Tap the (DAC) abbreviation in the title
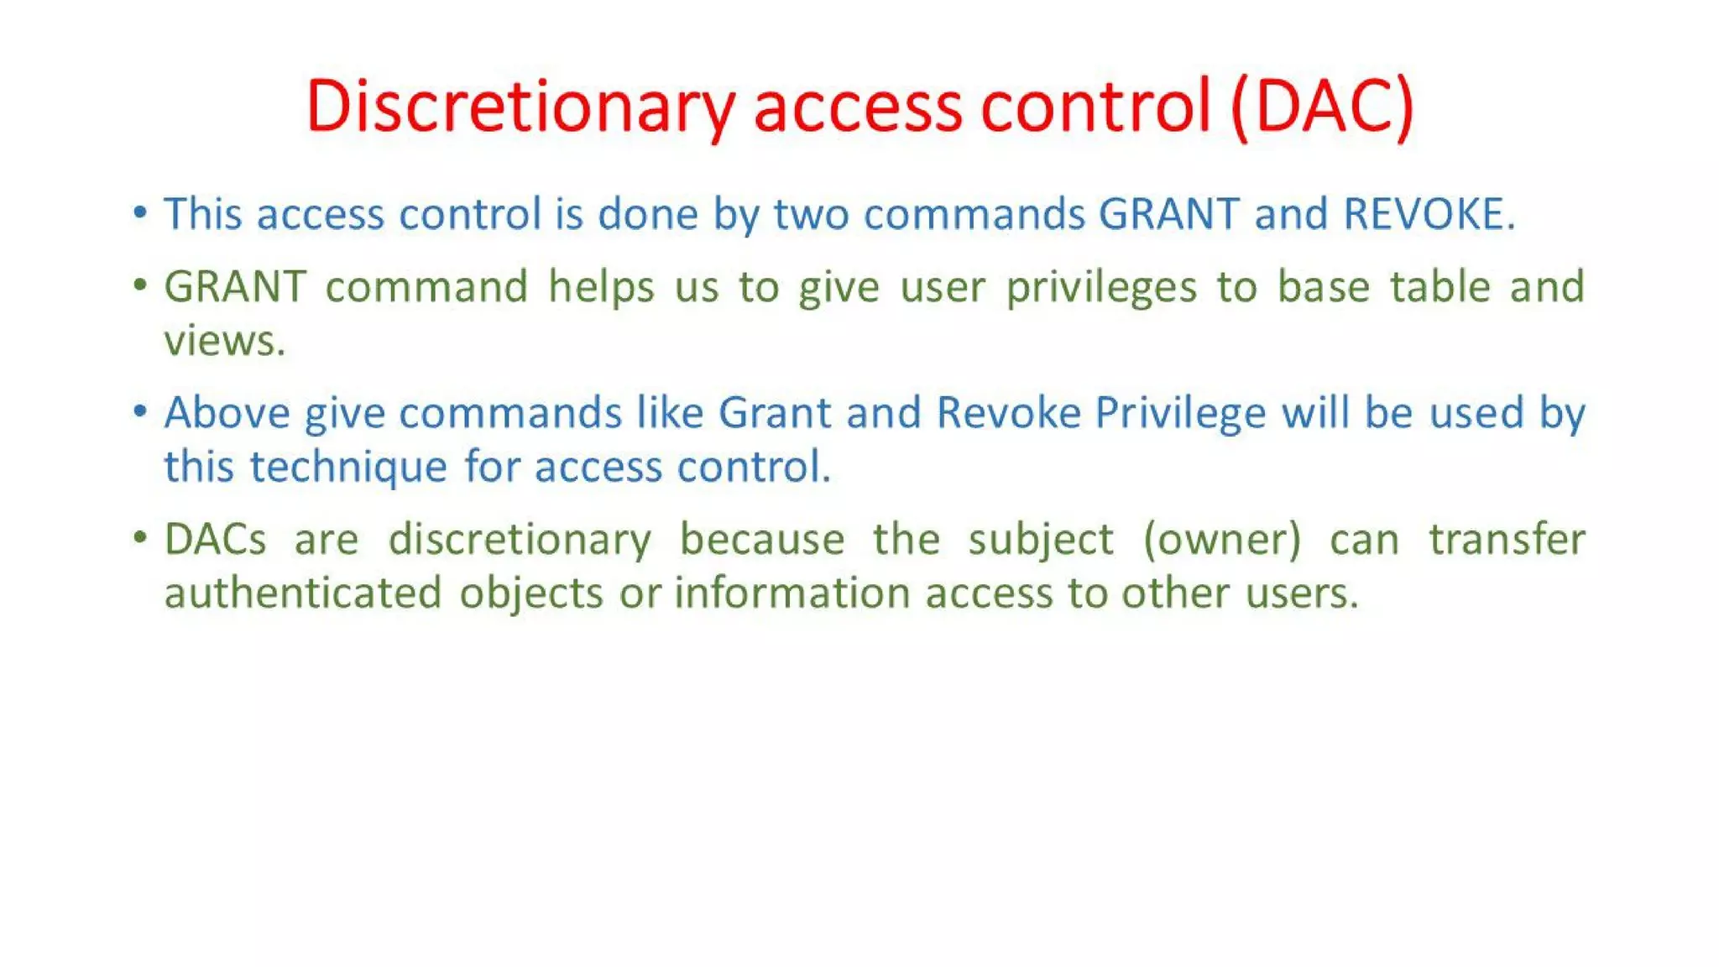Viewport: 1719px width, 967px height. [x=1323, y=107]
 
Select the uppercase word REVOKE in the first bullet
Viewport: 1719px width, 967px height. [x=1424, y=214]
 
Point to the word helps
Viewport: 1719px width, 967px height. [x=601, y=287]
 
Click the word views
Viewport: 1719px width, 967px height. [x=224, y=341]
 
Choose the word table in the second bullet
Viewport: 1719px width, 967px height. [x=1439, y=287]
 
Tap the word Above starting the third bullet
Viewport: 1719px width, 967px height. [x=227, y=413]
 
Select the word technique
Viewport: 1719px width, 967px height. [x=348, y=468]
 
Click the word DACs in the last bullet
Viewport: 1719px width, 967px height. [x=215, y=539]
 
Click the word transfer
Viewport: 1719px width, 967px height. [x=1507, y=539]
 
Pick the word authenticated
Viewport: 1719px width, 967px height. [x=303, y=593]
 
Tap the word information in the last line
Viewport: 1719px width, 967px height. [x=792, y=593]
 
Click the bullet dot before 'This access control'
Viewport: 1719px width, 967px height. [x=140, y=212]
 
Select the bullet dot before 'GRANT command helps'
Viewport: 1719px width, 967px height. [x=140, y=285]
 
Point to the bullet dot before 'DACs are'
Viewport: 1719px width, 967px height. [x=140, y=537]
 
